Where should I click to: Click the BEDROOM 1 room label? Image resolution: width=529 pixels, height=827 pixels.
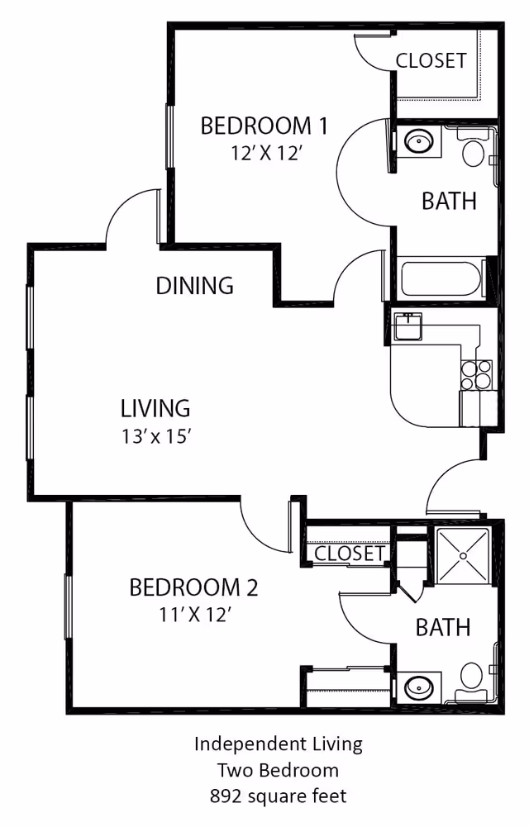(264, 126)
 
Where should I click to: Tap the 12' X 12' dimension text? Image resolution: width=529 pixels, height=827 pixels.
(265, 152)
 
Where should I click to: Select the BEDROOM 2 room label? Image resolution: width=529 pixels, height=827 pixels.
(193, 587)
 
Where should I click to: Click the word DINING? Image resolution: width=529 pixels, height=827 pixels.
(195, 286)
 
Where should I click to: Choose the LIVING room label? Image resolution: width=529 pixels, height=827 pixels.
(155, 408)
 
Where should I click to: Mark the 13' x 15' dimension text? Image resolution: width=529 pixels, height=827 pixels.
(155, 435)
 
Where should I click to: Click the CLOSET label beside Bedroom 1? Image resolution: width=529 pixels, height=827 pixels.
(431, 61)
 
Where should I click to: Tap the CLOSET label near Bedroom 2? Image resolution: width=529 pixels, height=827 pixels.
(350, 553)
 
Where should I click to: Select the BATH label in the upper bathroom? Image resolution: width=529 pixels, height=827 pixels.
(449, 201)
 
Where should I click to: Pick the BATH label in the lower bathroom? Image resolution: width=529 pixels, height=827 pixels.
(443, 627)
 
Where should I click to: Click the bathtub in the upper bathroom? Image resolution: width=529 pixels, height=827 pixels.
(441, 281)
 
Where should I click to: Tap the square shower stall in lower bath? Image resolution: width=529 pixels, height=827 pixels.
(463, 556)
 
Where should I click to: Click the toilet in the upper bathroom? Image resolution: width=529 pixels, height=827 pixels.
(474, 150)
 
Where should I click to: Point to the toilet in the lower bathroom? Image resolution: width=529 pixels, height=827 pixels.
(472, 681)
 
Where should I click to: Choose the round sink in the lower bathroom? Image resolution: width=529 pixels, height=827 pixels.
(417, 687)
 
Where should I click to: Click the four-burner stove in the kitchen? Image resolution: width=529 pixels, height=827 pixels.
(476, 374)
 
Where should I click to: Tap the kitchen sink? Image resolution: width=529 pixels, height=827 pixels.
(407, 327)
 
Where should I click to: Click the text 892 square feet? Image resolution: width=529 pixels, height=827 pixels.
(278, 796)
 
